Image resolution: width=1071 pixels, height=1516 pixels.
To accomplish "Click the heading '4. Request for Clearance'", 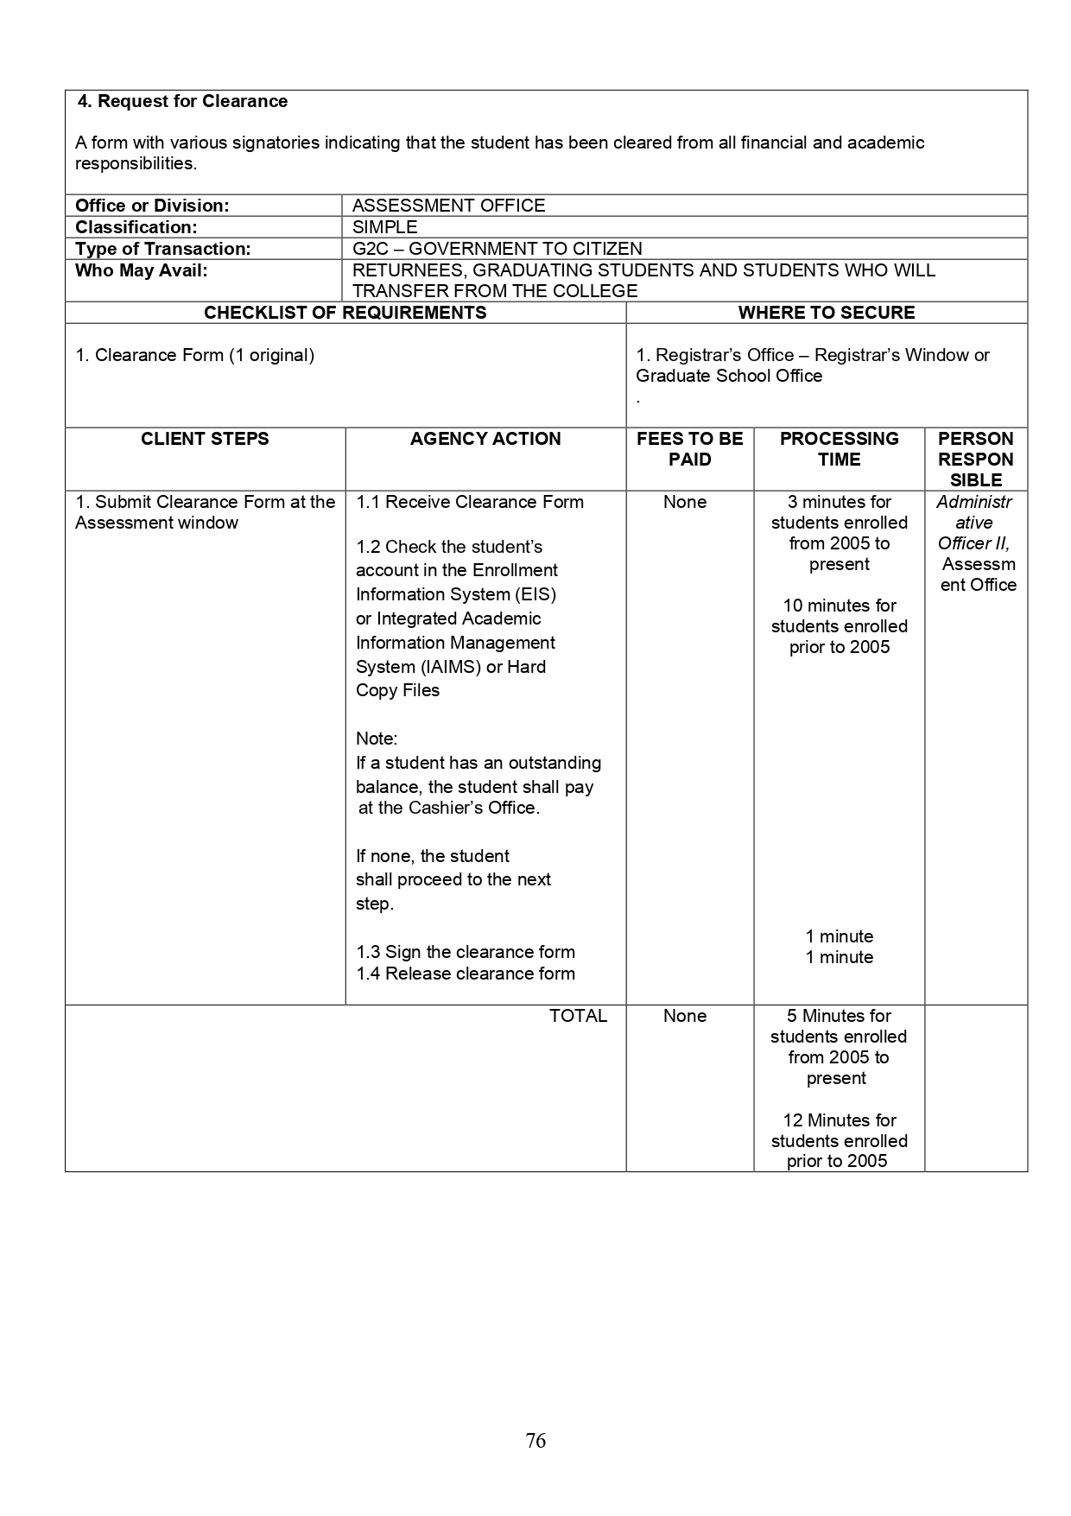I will point(183,101).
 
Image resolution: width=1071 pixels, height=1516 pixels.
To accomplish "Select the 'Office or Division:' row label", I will point(152,206).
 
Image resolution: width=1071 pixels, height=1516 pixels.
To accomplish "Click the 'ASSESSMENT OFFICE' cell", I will point(448,206).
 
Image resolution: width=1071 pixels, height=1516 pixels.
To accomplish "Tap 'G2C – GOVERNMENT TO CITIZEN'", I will point(497,249).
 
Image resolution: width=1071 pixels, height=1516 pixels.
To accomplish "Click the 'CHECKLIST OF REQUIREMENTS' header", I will point(345,313).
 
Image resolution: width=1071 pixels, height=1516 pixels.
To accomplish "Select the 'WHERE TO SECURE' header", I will point(826,313).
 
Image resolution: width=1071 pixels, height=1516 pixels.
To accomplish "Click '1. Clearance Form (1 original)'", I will point(194,355).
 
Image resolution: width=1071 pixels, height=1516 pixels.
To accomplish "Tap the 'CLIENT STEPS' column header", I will point(205,439).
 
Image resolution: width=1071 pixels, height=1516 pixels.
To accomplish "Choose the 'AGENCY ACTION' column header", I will point(485,439).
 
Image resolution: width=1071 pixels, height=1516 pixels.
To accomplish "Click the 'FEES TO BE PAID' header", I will point(689,449).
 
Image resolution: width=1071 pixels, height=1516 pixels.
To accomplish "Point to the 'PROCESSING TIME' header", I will point(839,449).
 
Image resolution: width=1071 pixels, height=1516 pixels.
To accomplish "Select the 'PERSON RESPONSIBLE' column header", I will point(975,460).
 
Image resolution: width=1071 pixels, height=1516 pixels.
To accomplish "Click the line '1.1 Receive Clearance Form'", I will point(470,502).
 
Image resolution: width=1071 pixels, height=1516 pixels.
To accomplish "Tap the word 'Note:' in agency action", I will point(377,739).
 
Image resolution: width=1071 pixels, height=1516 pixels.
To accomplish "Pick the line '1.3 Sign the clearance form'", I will point(466,952).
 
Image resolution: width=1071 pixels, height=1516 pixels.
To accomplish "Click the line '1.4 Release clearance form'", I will point(466,974).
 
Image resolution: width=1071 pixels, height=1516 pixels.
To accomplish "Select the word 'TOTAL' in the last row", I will point(578,1016).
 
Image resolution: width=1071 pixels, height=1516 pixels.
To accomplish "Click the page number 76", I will point(535,1440).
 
